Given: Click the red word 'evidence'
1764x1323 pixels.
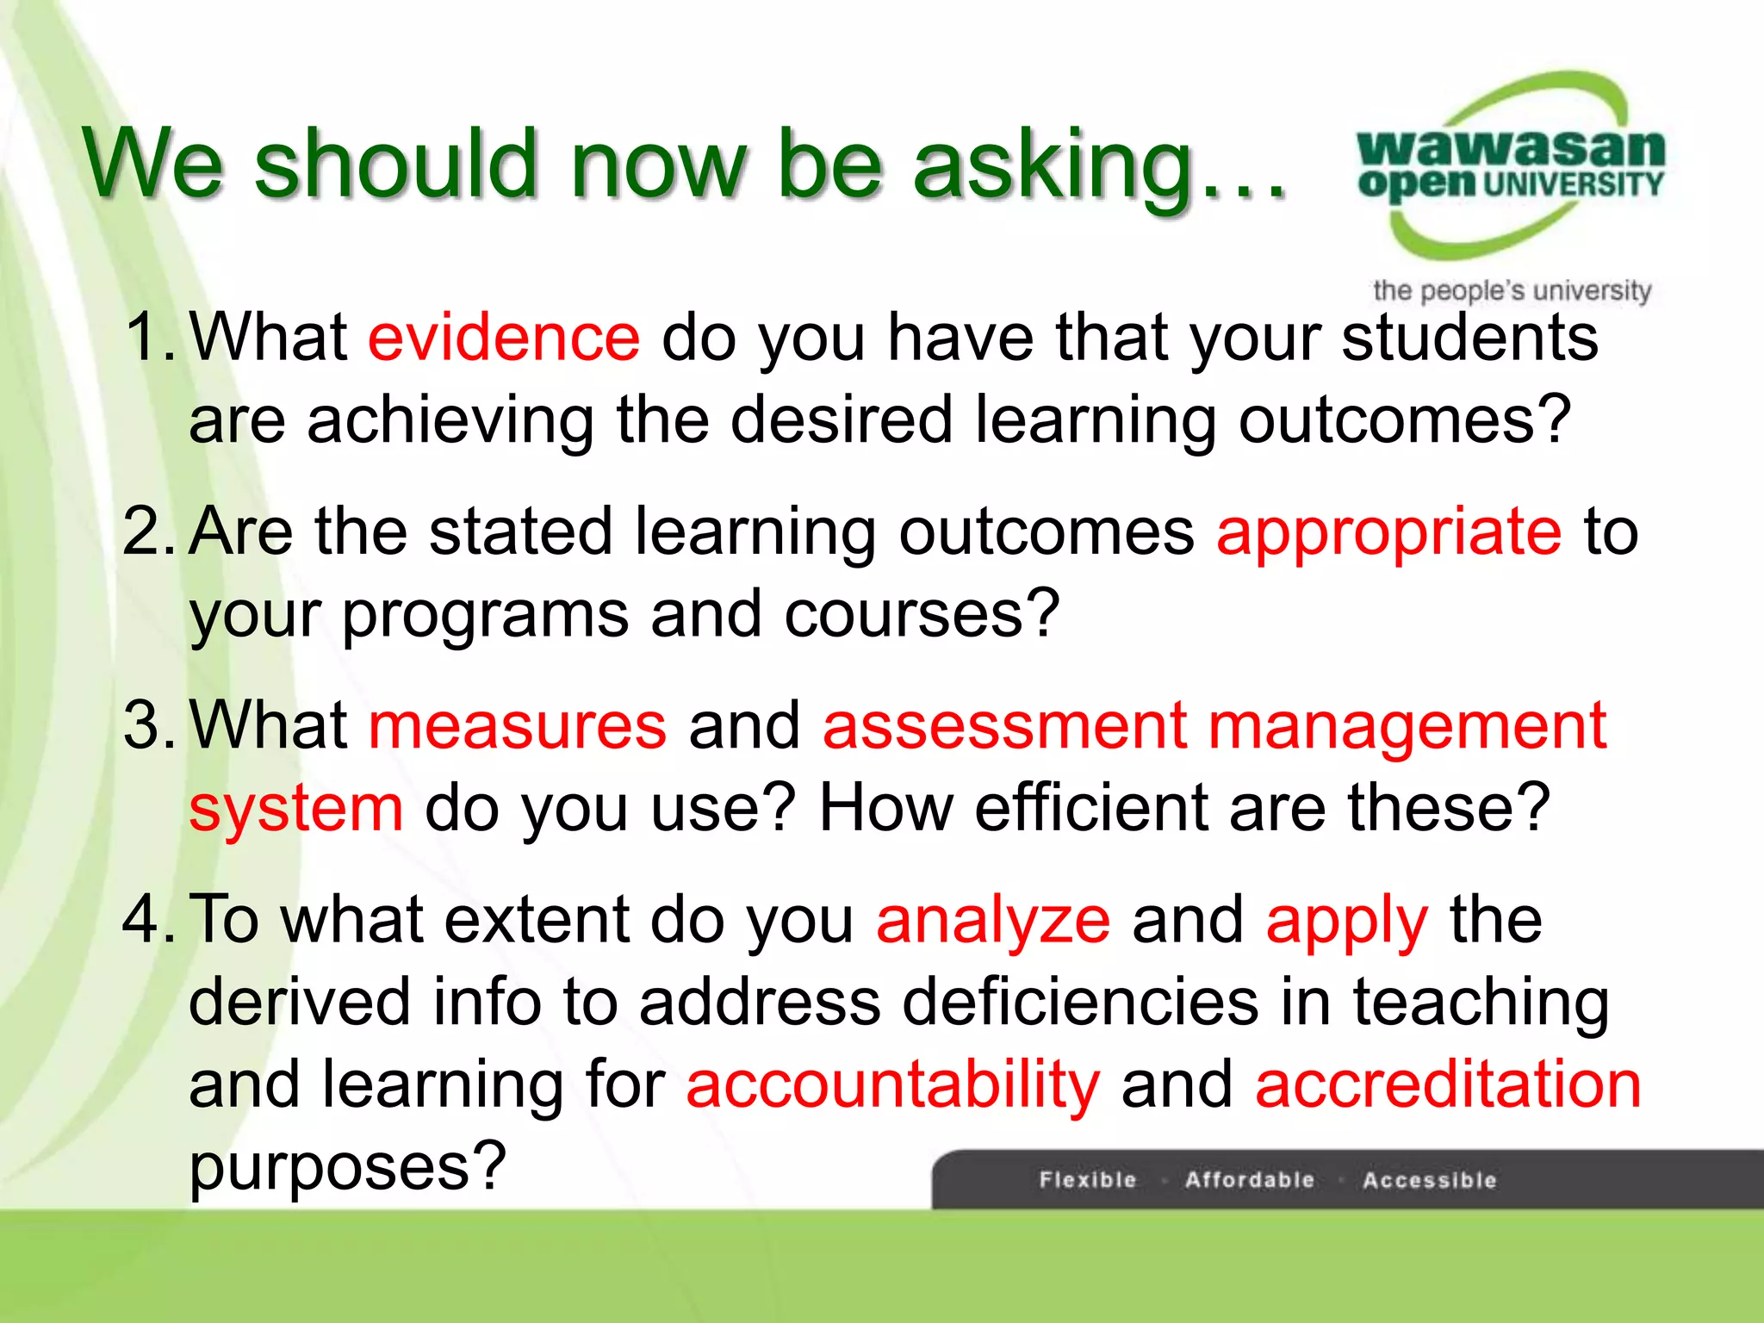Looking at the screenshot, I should (x=504, y=338).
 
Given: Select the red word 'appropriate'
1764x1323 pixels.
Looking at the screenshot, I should (x=1388, y=531).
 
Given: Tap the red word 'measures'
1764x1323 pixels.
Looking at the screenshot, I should (x=517, y=725).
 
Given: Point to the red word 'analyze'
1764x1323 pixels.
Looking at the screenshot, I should (x=993, y=920).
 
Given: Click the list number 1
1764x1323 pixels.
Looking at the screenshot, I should (x=148, y=338).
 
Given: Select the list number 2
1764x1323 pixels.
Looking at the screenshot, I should (x=148, y=531).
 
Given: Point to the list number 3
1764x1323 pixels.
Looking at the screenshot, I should (x=148, y=725).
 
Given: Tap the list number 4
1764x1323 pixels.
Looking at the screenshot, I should (x=148, y=920).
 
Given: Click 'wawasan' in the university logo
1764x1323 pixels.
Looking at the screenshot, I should (x=1511, y=148).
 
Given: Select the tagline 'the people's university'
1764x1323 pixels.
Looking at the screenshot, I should (x=1512, y=290).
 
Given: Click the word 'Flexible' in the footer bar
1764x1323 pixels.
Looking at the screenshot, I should (x=1088, y=1179).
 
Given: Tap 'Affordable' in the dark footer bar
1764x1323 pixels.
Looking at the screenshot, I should (x=1250, y=1179).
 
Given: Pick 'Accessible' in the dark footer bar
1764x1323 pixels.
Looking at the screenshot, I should (x=1430, y=1179).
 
